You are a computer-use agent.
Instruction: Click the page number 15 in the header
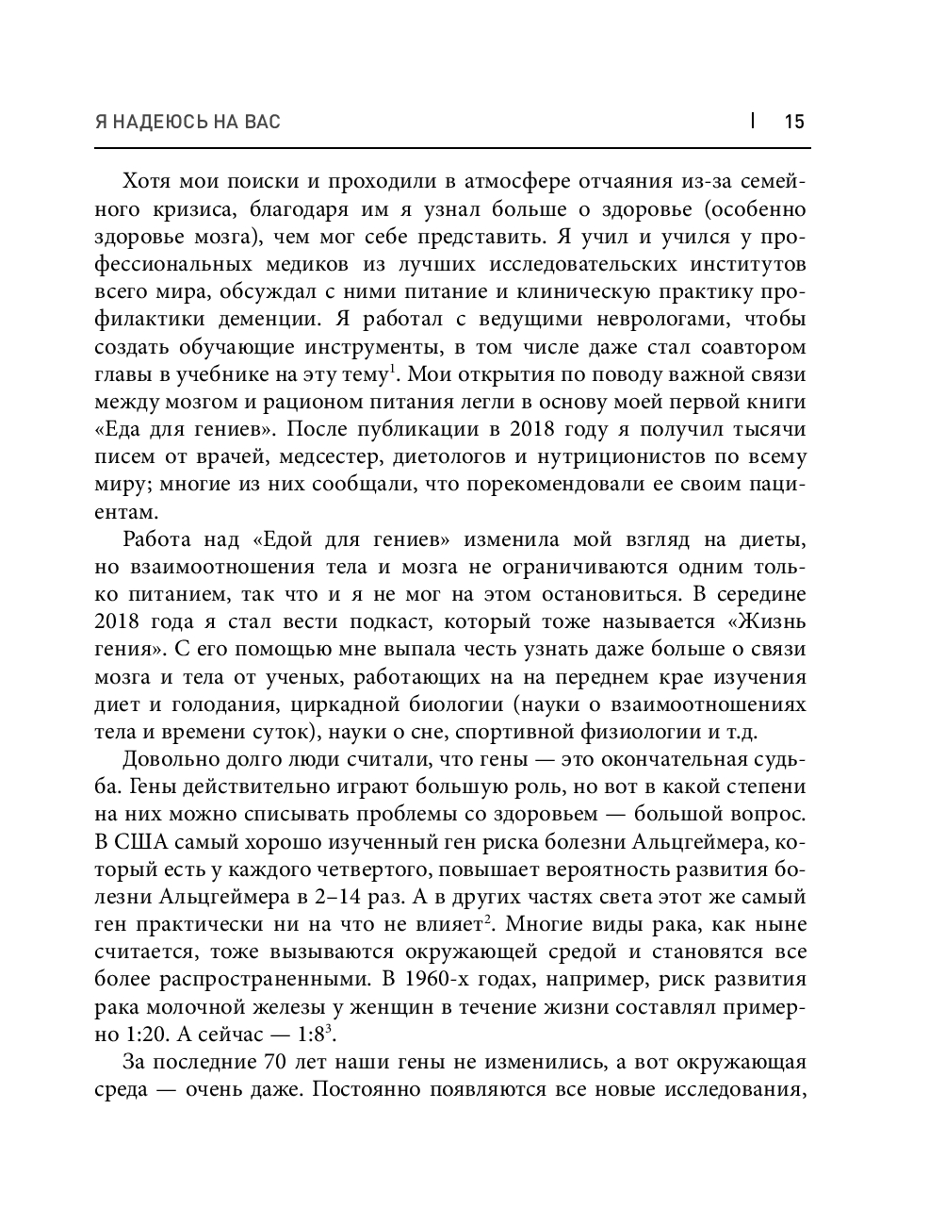tap(794, 122)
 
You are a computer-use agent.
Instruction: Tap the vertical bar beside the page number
tap(753, 120)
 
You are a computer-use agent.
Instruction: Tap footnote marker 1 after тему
tap(390, 369)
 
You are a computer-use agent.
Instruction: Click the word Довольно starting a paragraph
tap(166, 760)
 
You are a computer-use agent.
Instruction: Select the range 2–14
tap(392, 897)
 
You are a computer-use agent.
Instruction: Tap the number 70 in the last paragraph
tap(267, 1062)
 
